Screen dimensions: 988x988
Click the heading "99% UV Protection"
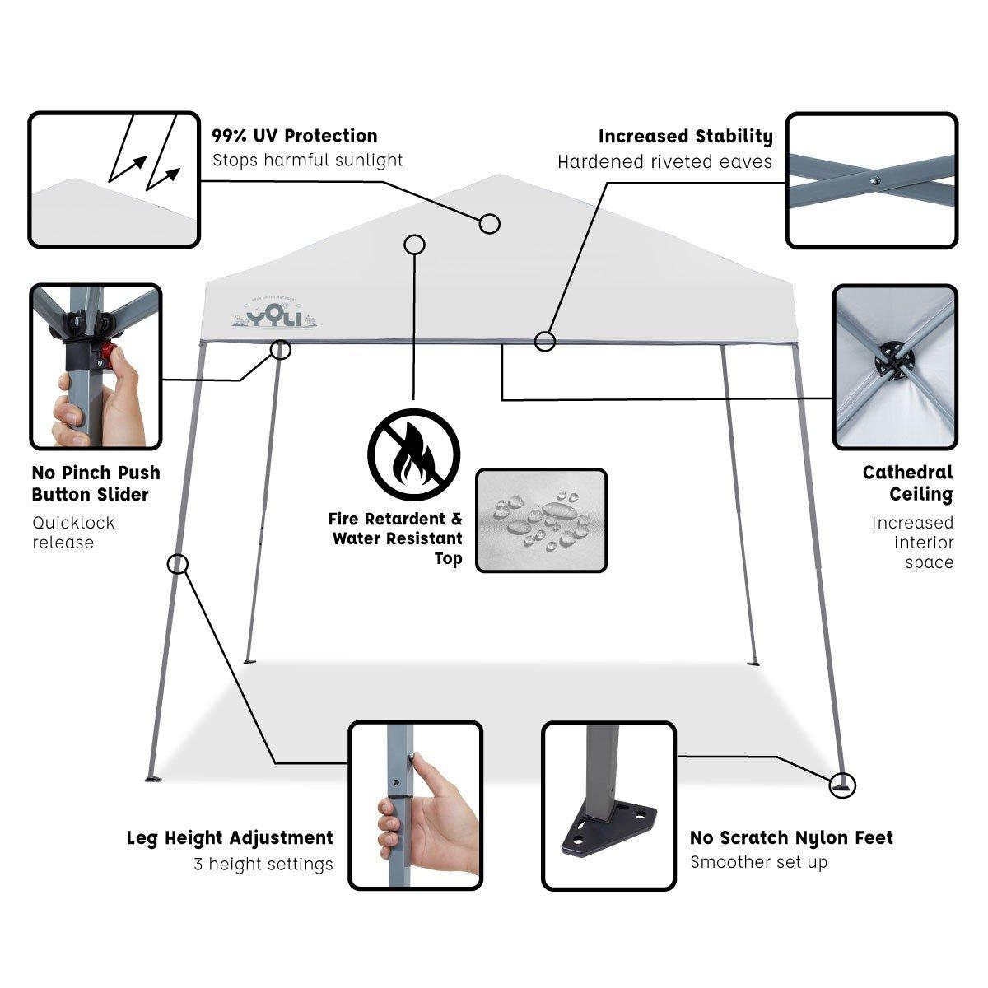point(294,136)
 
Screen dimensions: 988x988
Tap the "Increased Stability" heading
point(685,136)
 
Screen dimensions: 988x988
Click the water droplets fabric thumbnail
point(541,520)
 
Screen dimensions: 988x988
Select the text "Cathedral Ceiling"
point(907,483)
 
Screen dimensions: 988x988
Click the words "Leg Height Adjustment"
point(230,838)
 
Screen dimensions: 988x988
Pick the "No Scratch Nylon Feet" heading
point(791,838)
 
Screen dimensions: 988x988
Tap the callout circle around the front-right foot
point(843,785)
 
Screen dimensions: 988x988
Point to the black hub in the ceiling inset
point(894,360)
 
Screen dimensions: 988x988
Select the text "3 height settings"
point(263,864)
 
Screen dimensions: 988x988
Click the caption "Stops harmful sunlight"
point(308,160)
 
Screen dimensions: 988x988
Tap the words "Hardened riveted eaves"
point(664,162)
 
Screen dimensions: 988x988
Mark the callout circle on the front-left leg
point(177,564)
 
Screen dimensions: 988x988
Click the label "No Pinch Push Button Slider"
point(96,483)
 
